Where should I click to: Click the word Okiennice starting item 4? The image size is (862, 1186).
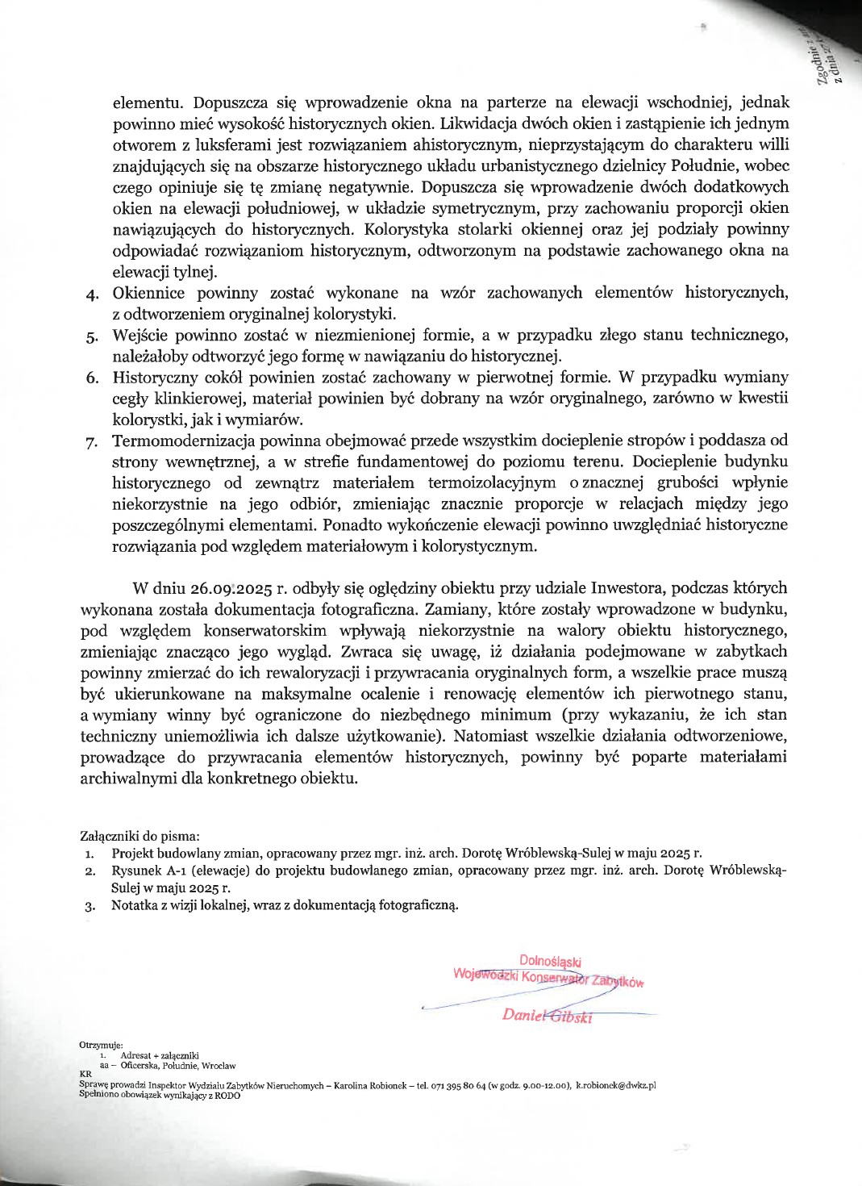(x=148, y=293)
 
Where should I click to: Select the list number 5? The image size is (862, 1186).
(x=93, y=336)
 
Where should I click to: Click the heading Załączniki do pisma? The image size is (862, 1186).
(x=140, y=836)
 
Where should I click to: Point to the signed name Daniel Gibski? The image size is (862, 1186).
(x=547, y=1016)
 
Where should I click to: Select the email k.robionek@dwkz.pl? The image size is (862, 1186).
(x=615, y=1085)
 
